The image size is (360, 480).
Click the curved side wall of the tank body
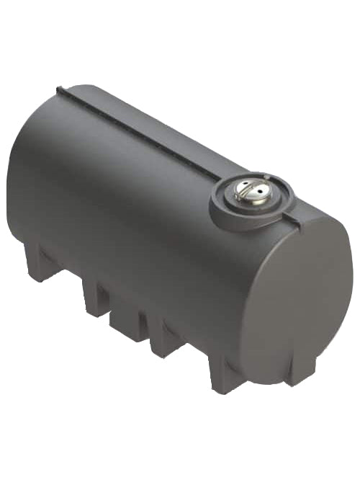coord(137,216)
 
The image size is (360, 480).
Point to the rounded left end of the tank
coord(22,180)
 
